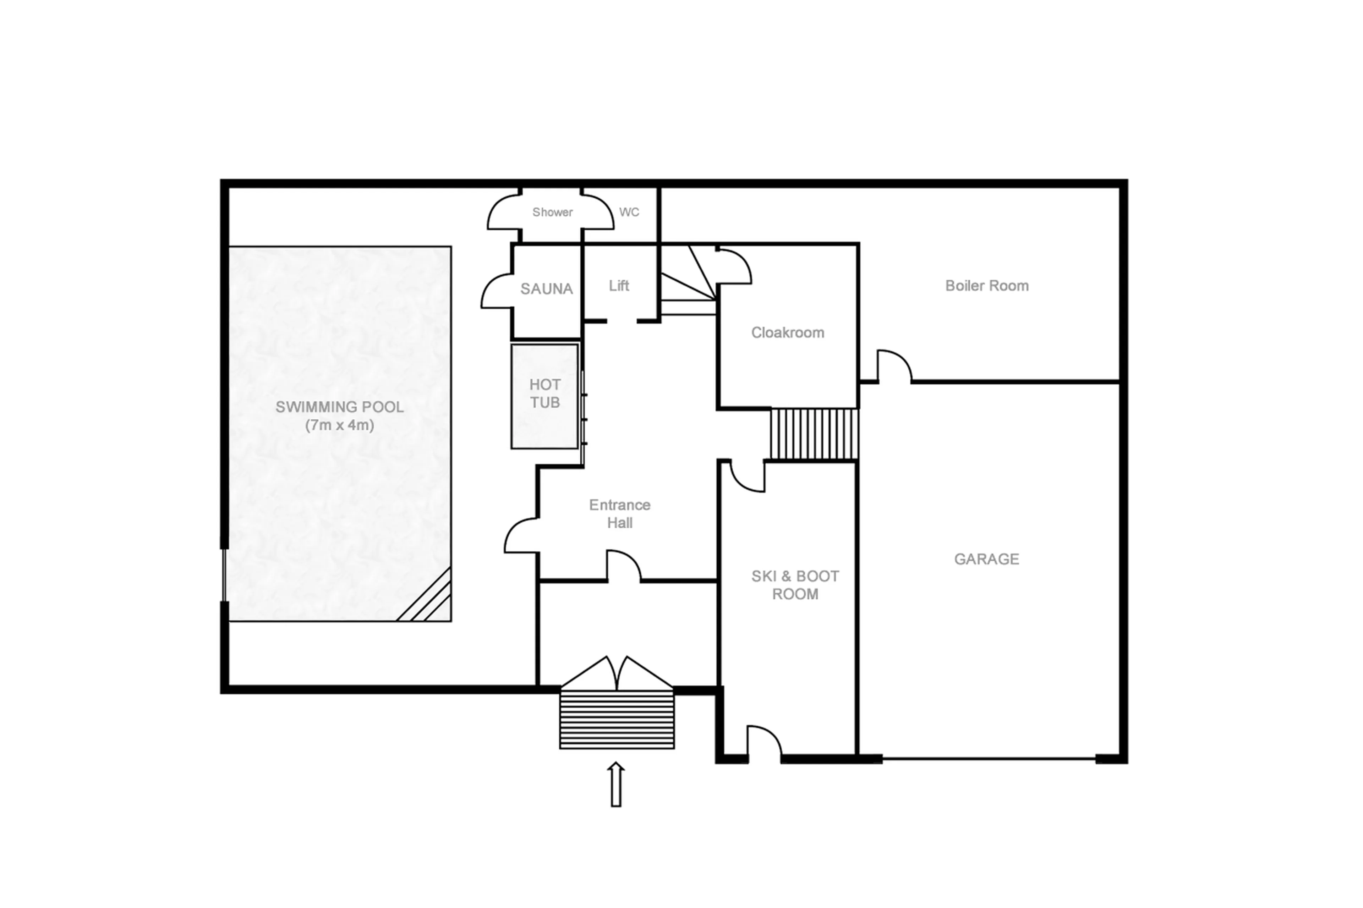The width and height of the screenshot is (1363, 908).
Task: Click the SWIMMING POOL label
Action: coord(339,407)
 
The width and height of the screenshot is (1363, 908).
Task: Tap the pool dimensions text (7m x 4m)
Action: coord(339,425)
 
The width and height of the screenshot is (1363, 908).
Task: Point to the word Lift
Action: coord(619,286)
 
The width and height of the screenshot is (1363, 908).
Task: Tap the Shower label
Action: coord(552,212)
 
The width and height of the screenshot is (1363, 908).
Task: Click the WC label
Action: coord(629,212)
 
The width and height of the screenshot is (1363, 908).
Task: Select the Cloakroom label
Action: coord(787,332)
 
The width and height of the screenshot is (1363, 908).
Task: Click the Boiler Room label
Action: coord(986,286)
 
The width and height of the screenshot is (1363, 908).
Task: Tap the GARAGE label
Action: coord(986,559)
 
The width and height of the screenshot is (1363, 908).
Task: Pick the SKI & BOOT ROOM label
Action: coord(795,585)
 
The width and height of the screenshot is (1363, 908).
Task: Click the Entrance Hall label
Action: coord(619,514)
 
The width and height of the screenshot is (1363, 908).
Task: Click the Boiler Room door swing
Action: coord(894,366)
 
